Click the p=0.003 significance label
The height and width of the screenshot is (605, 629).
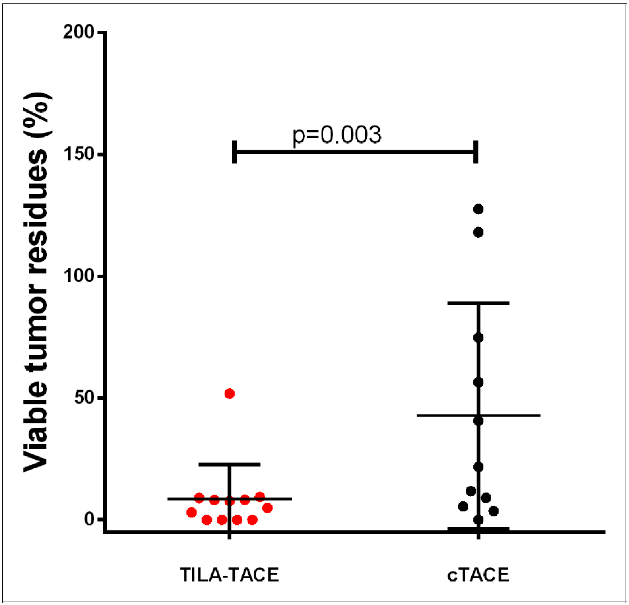tap(337, 135)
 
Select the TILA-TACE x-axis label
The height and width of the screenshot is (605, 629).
tap(229, 575)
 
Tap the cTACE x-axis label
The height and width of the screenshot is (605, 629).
tap(478, 575)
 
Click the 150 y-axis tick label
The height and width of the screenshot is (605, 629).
tap(80, 154)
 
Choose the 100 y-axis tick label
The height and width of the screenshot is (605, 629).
tap(80, 276)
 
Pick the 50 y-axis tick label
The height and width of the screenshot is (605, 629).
tap(84, 398)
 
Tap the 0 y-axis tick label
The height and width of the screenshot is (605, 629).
tap(89, 519)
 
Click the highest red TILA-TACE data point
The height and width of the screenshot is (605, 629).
tap(229, 394)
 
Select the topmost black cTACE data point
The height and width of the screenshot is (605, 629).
tap(478, 209)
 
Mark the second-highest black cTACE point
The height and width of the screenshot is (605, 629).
tap(478, 232)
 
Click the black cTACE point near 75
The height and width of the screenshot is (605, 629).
tap(478, 338)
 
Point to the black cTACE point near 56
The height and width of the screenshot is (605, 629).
tap(478, 382)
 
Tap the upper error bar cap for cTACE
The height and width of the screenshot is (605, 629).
tap(478, 303)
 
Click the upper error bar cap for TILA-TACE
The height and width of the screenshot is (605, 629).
tap(229, 464)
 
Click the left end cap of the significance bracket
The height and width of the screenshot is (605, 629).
tap(235, 151)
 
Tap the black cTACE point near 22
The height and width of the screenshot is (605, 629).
tap(478, 467)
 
